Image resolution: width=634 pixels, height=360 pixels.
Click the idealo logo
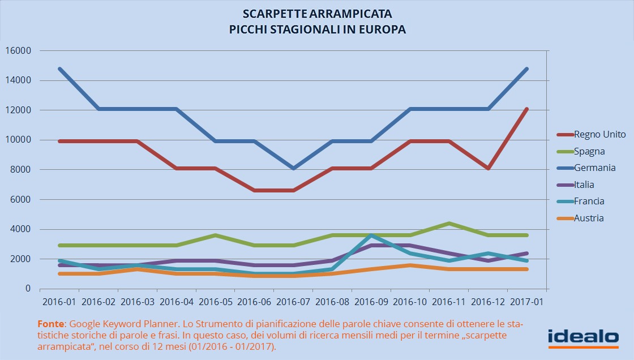583,337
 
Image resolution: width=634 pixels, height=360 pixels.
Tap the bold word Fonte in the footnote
50,324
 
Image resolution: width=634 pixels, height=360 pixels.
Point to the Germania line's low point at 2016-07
293,168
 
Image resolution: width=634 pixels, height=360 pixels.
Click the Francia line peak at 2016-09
371,235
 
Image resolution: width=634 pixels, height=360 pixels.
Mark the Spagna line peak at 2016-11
449,223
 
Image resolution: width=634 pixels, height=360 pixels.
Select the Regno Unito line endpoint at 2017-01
527,109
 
